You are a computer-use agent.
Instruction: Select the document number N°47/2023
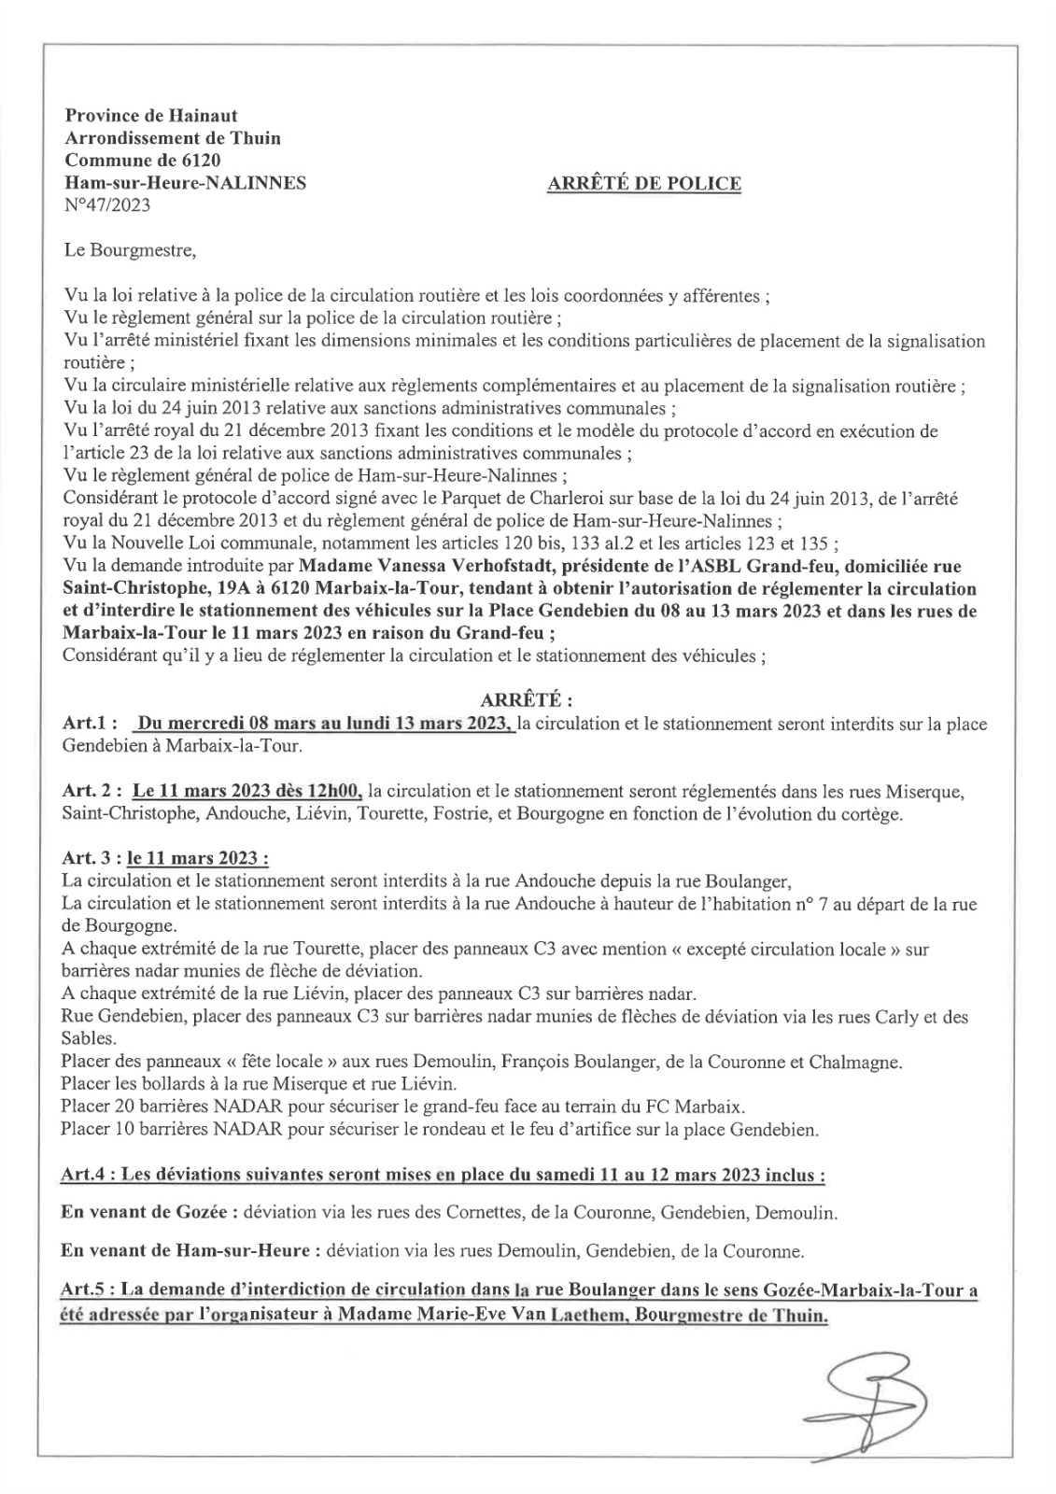pyautogui.click(x=106, y=205)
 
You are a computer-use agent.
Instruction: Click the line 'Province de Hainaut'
pyautogui.click(x=150, y=116)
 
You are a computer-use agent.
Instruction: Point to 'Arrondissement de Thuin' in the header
pyautogui.click(x=172, y=138)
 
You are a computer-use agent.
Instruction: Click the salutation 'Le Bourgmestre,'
pyautogui.click(x=130, y=250)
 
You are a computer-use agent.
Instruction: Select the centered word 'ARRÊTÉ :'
pyautogui.click(x=526, y=700)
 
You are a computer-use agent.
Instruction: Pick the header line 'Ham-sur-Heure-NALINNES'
pyautogui.click(x=185, y=183)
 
